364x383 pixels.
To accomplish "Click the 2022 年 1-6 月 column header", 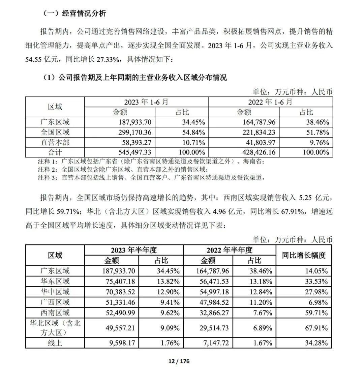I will [271, 102].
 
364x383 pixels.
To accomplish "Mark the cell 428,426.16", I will [256, 152].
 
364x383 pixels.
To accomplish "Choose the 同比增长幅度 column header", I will [304, 255].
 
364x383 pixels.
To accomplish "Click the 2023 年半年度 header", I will [134, 250].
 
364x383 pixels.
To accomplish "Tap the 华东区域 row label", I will [55, 281].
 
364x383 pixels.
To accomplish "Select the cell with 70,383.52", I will [120, 292].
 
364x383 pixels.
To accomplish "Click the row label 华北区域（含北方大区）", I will [55, 328].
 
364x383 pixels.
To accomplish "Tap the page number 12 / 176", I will [179, 361].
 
